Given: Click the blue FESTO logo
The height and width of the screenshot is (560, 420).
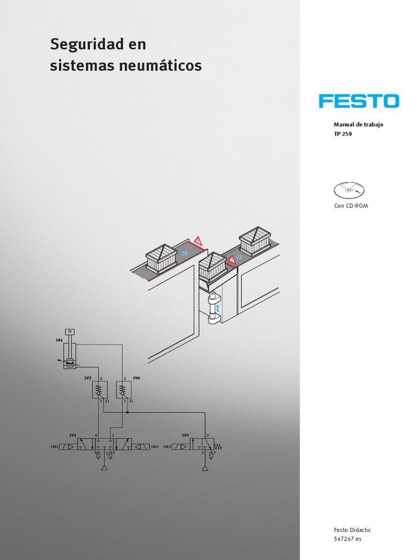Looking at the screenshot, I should pyautogui.click(x=359, y=101).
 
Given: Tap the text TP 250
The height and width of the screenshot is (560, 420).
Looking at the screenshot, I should pyautogui.click(x=343, y=134).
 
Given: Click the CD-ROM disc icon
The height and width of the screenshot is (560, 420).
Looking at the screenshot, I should pyautogui.click(x=348, y=190).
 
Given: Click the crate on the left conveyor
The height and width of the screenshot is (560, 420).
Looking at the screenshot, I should pyautogui.click(x=161, y=258).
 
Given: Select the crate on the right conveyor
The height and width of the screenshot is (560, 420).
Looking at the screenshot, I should pyautogui.click(x=255, y=241).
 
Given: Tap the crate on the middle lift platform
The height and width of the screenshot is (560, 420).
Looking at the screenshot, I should pyautogui.click(x=212, y=266).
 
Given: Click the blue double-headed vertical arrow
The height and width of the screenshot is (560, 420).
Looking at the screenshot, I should pyautogui.click(x=218, y=309).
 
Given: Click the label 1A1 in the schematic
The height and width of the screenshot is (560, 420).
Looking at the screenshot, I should pyautogui.click(x=59, y=340).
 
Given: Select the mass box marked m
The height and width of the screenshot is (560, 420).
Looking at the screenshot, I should pyautogui.click(x=69, y=331).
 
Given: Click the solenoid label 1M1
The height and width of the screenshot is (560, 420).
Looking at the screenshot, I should pyautogui.click(x=54, y=447).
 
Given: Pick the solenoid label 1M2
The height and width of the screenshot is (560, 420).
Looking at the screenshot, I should pyautogui.click(x=154, y=447).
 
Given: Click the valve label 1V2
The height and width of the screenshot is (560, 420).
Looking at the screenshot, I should pyautogui.click(x=185, y=435).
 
